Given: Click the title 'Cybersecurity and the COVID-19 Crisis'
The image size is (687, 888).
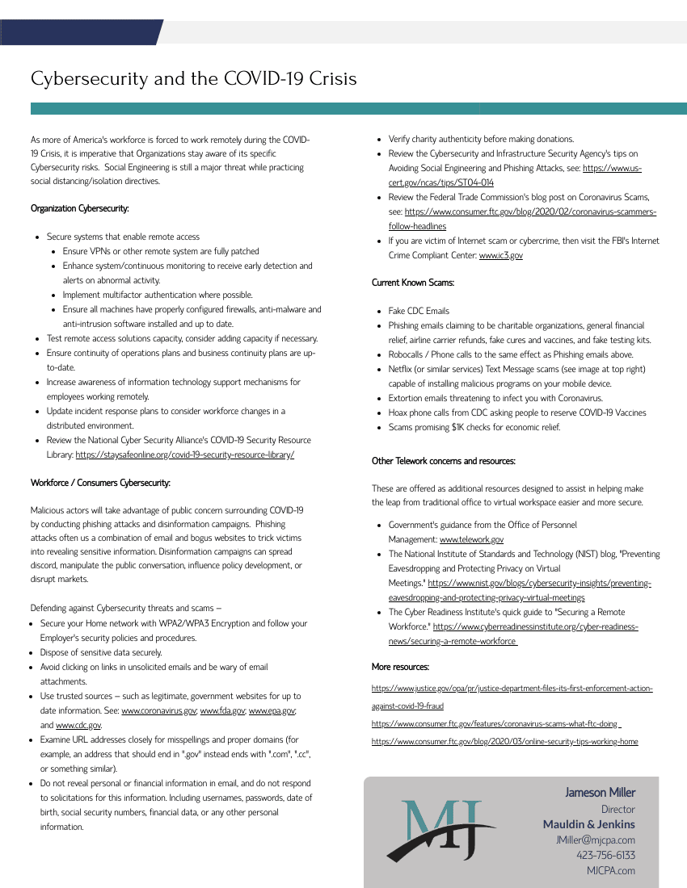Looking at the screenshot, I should [x=193, y=79].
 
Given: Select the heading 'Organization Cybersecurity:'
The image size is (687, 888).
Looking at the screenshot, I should [x=79, y=208].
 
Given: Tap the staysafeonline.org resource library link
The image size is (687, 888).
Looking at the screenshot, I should [x=185, y=454].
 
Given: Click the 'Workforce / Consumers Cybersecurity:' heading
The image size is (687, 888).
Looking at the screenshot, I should [x=100, y=483].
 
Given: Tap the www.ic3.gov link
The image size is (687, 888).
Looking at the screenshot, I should [x=501, y=255].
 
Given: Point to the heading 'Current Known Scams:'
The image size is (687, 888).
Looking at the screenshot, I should [x=413, y=283].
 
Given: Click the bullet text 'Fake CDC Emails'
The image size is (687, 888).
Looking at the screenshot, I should [x=419, y=311].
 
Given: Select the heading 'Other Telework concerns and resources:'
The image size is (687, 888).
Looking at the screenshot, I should [x=444, y=461].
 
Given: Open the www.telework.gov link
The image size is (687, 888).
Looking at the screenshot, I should [x=472, y=539].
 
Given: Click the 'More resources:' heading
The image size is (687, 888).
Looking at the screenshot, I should [x=400, y=667].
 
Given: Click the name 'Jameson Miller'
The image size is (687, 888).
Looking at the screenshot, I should [x=600, y=793].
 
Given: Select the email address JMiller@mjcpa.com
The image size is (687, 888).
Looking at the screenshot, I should [x=595, y=840].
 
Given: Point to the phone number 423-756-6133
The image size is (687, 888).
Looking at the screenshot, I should [x=605, y=855].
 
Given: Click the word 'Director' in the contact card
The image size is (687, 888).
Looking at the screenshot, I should [x=617, y=809].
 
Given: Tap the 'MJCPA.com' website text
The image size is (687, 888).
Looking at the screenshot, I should [x=610, y=870].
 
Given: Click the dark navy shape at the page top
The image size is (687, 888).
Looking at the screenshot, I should [x=81, y=32].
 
